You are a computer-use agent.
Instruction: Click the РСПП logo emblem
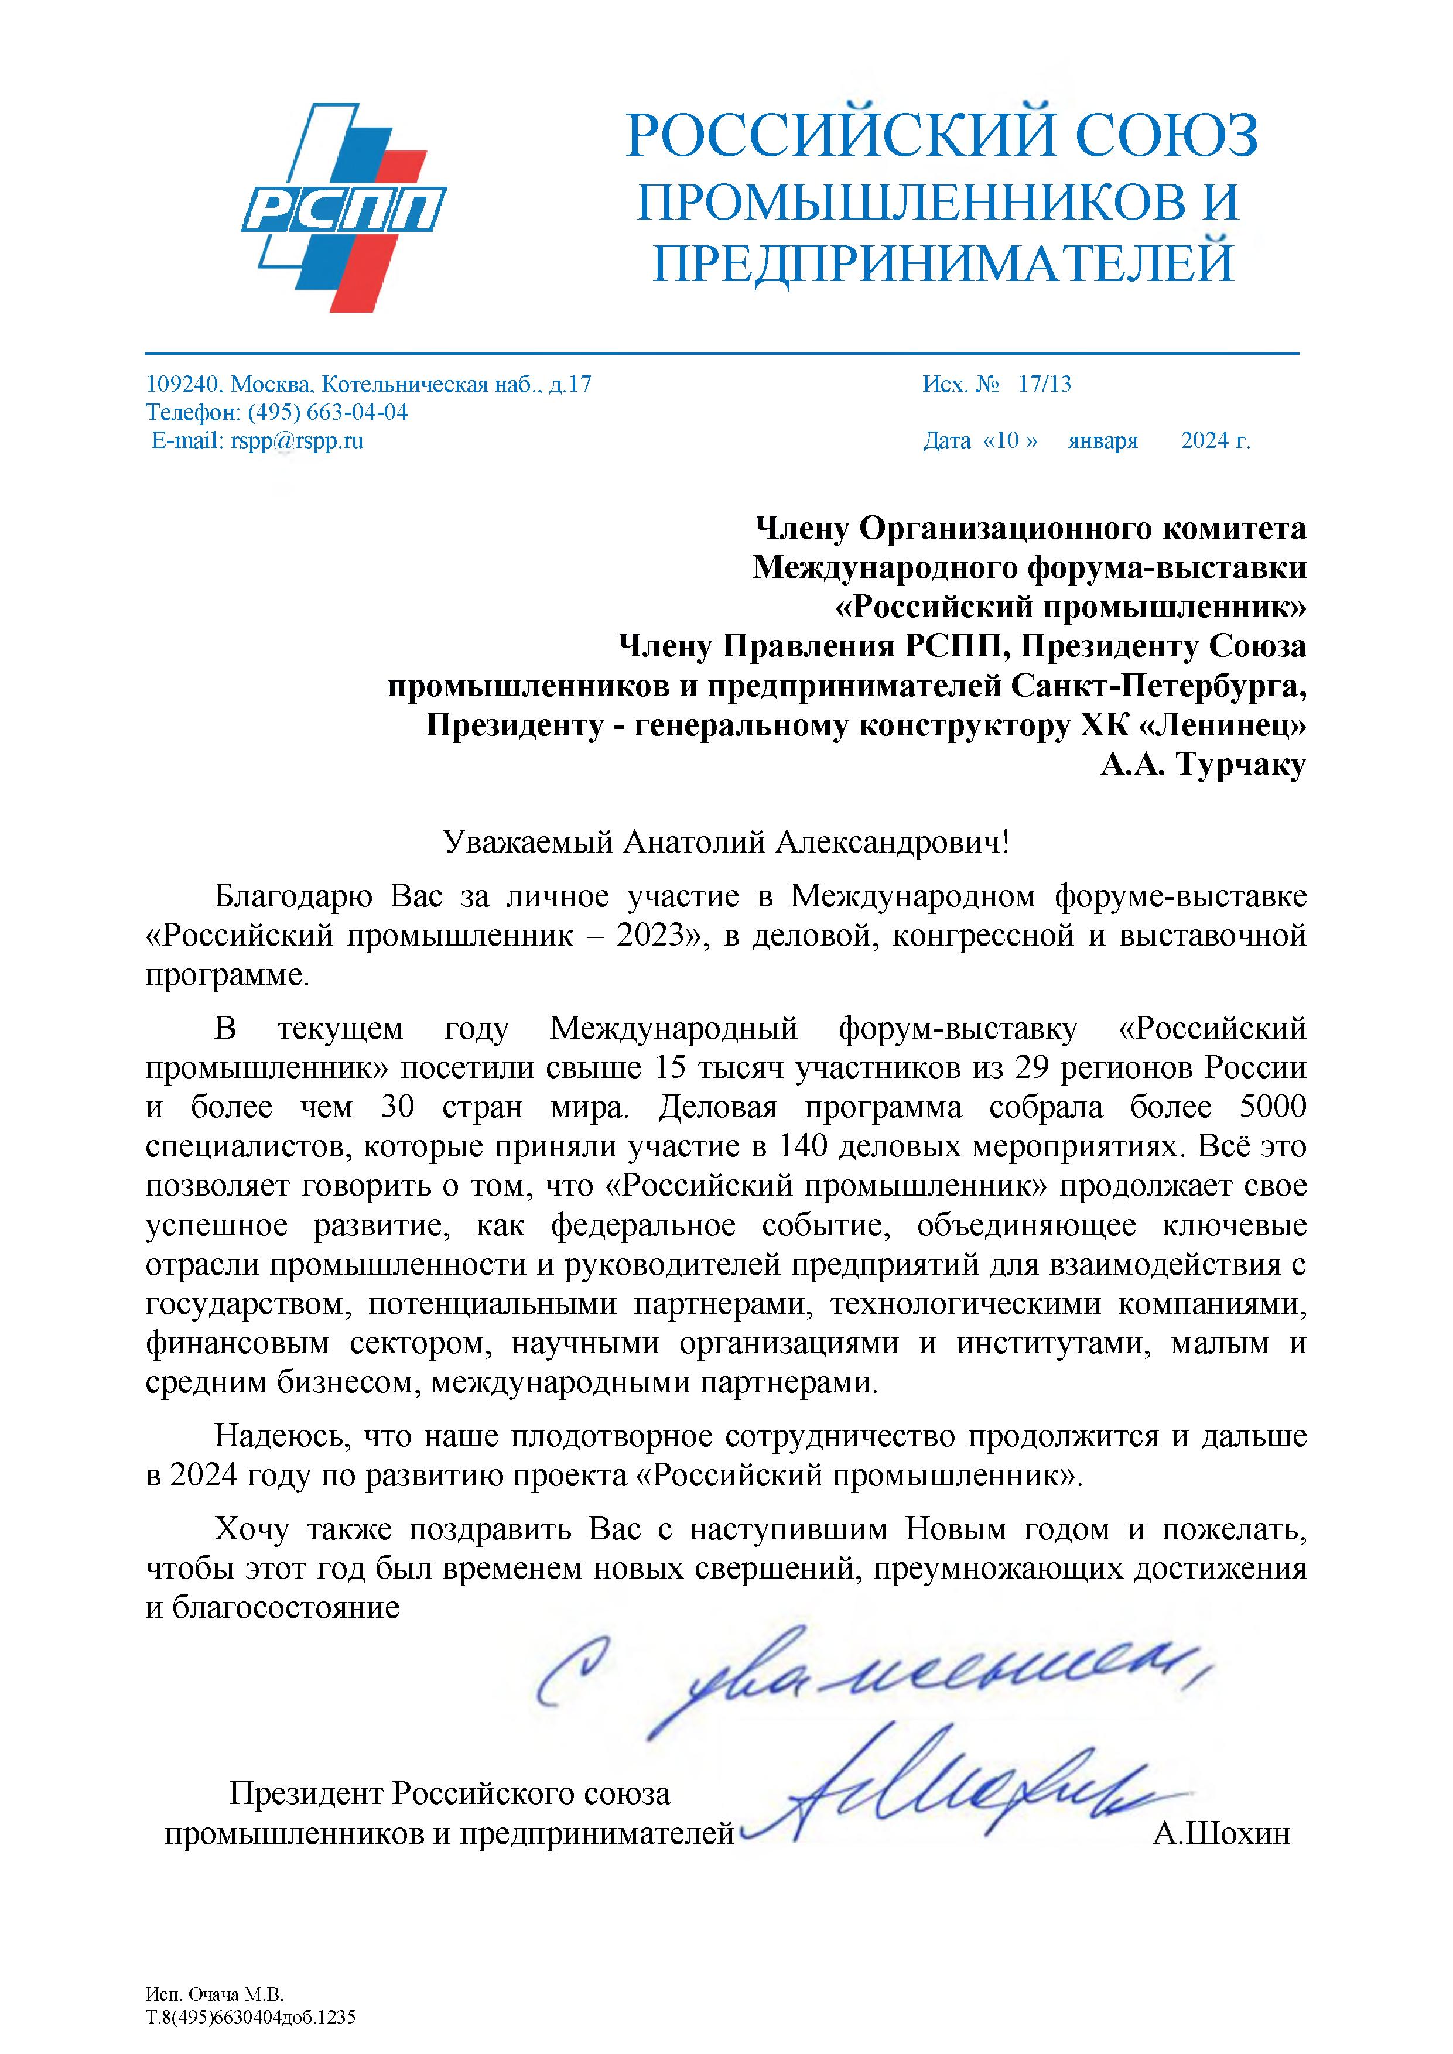(x=344, y=207)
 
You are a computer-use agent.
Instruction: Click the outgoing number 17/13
(x=1044, y=385)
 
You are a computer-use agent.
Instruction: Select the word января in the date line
(x=1102, y=440)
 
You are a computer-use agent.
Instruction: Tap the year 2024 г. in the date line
(x=1215, y=440)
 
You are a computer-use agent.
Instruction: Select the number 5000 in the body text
(x=1273, y=1107)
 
